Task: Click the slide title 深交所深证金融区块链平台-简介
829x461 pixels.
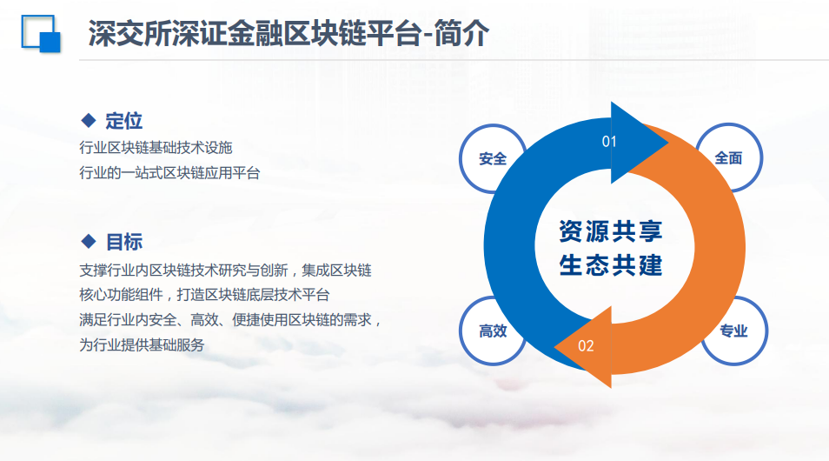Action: coord(288,34)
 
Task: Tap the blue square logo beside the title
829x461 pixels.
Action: coord(41,34)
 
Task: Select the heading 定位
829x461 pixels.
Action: coord(123,121)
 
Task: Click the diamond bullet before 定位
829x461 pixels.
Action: coord(89,120)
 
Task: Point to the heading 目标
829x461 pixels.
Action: coord(124,242)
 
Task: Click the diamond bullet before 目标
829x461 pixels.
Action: coord(89,241)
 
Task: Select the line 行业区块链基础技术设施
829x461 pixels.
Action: coord(156,148)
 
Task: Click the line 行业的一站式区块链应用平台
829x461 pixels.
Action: coord(169,173)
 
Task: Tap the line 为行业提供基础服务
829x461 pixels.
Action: coord(142,345)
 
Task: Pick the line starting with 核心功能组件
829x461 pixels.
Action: coord(204,295)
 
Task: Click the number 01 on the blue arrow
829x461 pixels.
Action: coord(609,141)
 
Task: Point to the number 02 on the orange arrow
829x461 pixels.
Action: coord(586,346)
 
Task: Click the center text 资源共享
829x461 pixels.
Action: coord(611,231)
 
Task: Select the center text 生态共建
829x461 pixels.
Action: coord(611,265)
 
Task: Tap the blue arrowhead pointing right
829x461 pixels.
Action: coord(637,143)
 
